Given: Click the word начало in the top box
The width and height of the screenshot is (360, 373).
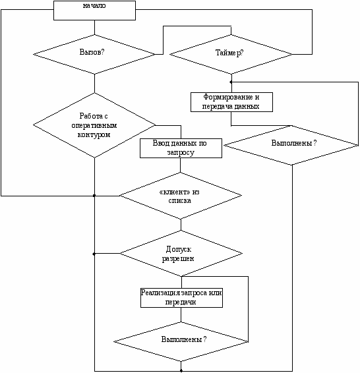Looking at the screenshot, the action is pos(94,6).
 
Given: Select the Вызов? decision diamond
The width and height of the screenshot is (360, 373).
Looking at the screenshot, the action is pos(94,54).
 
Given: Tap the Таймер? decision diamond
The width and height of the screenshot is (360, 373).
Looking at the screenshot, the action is pos(231,54).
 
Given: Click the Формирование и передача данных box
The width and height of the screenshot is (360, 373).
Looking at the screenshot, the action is pos(231,102).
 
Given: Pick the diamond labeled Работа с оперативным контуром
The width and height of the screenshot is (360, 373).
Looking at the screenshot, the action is pos(94,125).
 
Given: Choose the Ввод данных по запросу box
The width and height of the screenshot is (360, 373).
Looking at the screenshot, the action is pos(181,148).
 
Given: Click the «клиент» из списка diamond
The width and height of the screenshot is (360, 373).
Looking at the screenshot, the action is pos(181,196).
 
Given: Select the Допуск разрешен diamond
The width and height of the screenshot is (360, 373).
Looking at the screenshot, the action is pos(181,253).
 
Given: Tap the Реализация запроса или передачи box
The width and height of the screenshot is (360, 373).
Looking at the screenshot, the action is pos(181,298).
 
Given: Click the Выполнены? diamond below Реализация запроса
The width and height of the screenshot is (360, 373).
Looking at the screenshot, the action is pos(181,341).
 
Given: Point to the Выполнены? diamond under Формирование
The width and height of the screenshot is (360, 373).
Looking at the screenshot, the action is pos(291,145).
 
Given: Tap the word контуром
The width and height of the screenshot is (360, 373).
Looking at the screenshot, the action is pos(94,135).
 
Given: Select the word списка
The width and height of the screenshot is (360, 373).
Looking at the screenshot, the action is pos(179,200).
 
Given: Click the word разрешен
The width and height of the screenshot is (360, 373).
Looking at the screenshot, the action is pos(178,258).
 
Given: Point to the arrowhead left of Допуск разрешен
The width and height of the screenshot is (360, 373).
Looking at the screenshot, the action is pos(94,254).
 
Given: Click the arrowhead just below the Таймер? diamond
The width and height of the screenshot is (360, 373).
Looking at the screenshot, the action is pos(231,82).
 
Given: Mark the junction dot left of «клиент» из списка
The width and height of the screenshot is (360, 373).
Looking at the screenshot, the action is pos(94,196).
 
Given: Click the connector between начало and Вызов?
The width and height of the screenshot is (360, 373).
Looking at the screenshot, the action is pos(94,28).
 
